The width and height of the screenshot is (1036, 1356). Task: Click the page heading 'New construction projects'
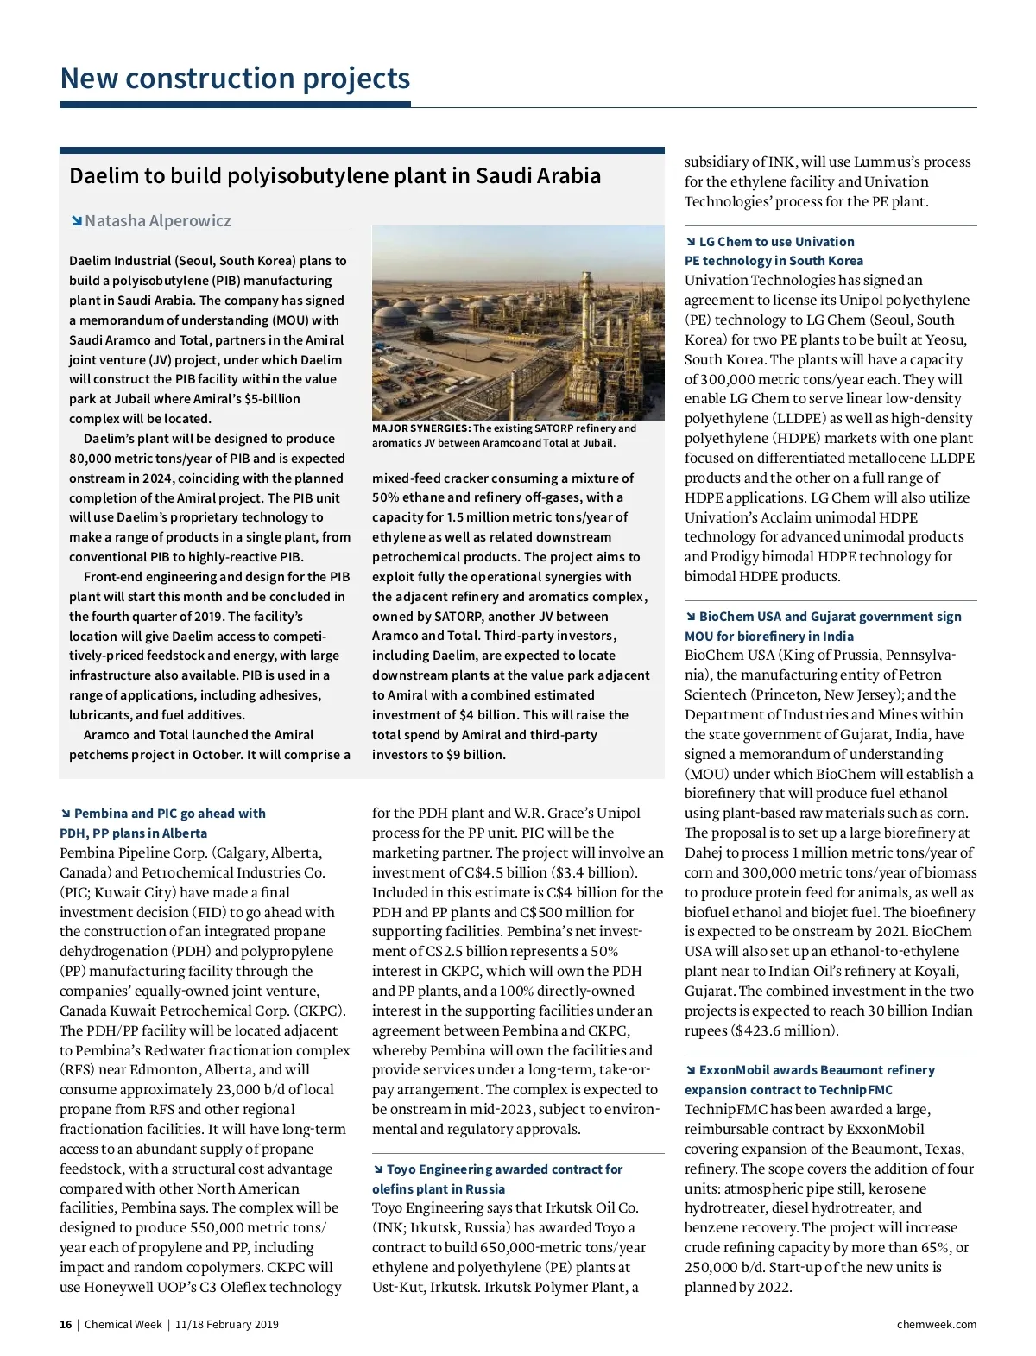235,79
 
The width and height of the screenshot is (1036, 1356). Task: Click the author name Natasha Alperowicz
157,221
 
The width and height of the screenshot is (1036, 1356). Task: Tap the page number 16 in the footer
66,1324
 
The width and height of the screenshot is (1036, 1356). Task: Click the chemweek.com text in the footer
936,1324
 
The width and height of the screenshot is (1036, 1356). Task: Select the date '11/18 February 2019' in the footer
226,1324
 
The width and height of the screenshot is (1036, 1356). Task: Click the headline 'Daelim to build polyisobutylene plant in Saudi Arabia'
335,176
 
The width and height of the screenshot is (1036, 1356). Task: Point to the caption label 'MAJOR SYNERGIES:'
420,428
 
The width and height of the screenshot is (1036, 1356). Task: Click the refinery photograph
518,322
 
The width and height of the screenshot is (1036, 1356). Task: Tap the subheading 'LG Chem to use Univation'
776,242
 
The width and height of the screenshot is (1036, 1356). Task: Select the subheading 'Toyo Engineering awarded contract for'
504,1169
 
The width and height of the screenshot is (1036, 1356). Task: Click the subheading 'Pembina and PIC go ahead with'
169,814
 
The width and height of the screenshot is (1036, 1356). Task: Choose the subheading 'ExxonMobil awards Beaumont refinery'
817,1070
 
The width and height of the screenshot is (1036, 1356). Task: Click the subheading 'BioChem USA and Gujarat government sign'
830,617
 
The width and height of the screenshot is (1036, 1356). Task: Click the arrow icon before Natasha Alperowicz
77,221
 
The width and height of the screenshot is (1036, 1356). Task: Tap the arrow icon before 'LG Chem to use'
691,242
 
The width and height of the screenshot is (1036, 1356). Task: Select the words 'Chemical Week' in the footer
123,1324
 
